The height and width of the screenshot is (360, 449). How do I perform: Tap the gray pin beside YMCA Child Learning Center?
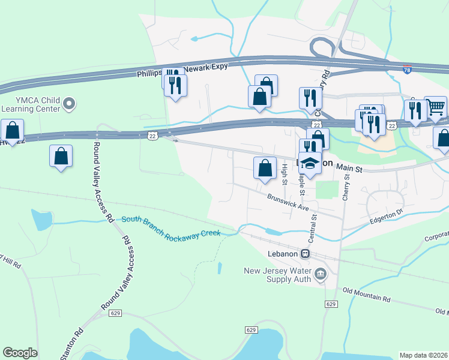70,104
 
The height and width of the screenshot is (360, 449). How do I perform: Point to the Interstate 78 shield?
407,70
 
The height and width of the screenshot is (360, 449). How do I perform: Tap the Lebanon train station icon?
306,254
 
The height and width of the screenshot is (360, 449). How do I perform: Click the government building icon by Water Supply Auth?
320,275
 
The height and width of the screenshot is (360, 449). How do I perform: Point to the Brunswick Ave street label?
288,202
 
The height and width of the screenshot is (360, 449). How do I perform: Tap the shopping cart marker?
436,107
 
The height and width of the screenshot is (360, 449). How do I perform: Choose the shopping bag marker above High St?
265,168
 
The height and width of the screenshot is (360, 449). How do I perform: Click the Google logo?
20,353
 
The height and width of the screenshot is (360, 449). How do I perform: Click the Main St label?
348,169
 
